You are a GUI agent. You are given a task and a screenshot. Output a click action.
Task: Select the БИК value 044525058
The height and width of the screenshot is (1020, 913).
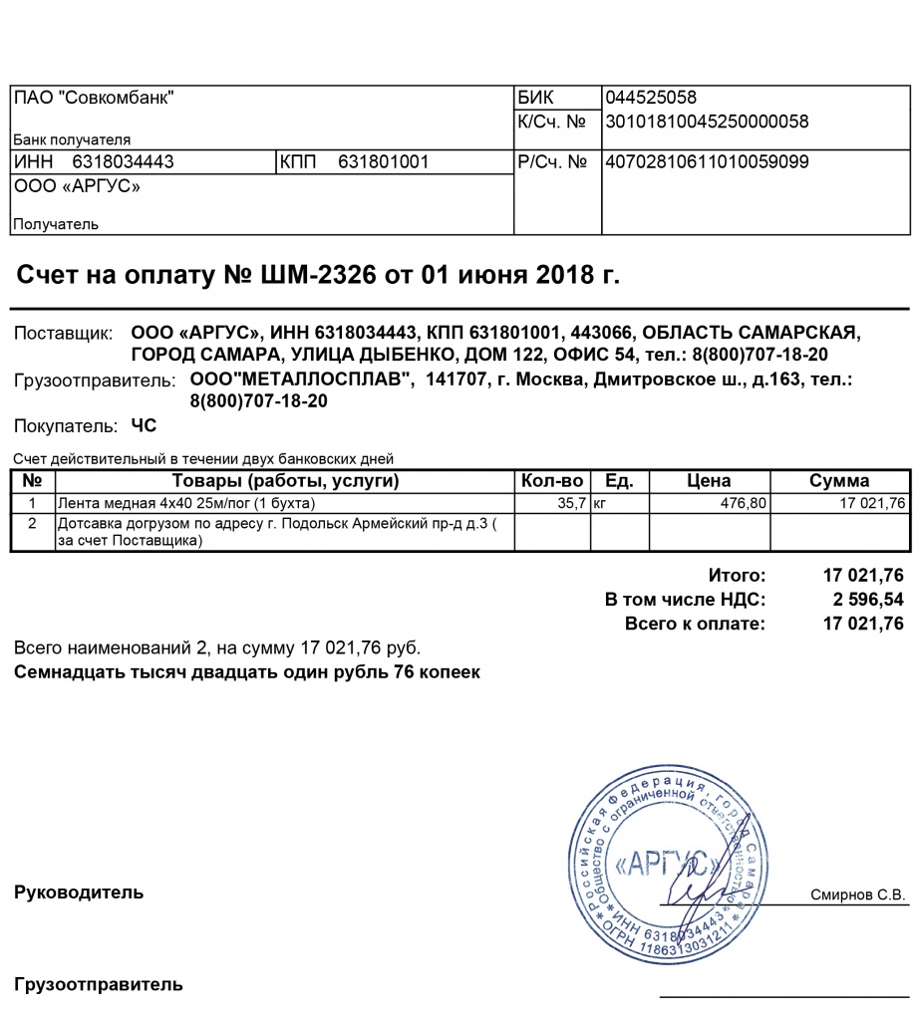pyautogui.click(x=651, y=98)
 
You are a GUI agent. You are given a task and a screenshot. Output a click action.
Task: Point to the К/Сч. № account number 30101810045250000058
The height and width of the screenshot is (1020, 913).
pyautogui.click(x=707, y=123)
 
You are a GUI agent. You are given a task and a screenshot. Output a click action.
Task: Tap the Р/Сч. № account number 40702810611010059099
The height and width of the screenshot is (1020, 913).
pyautogui.click(x=707, y=161)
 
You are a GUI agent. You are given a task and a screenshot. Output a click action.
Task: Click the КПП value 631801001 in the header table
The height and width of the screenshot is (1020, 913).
pyautogui.click(x=383, y=161)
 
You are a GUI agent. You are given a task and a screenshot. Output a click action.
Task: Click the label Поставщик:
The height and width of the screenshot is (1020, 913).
pyautogui.click(x=59, y=333)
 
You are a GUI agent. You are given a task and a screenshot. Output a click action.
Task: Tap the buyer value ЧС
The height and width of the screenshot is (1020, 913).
pyautogui.click(x=145, y=426)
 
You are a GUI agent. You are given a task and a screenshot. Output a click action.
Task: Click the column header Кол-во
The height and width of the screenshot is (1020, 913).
pyautogui.click(x=552, y=481)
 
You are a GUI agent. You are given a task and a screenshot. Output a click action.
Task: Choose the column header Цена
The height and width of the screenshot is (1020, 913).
pyautogui.click(x=709, y=481)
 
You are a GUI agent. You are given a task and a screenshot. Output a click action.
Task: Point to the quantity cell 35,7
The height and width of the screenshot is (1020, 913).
pyautogui.click(x=573, y=504)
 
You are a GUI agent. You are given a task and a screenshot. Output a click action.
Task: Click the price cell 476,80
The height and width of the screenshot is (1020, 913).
pyautogui.click(x=744, y=504)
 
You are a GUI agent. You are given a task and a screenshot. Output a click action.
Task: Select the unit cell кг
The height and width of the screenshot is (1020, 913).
pyautogui.click(x=600, y=504)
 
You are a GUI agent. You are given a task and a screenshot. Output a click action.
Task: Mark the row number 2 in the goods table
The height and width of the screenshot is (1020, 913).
pyautogui.click(x=33, y=522)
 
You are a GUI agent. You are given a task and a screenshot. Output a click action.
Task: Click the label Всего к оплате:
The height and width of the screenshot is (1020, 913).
pyautogui.click(x=696, y=625)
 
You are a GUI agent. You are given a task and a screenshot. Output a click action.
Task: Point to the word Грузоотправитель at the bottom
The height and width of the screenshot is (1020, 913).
pyautogui.click(x=98, y=985)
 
